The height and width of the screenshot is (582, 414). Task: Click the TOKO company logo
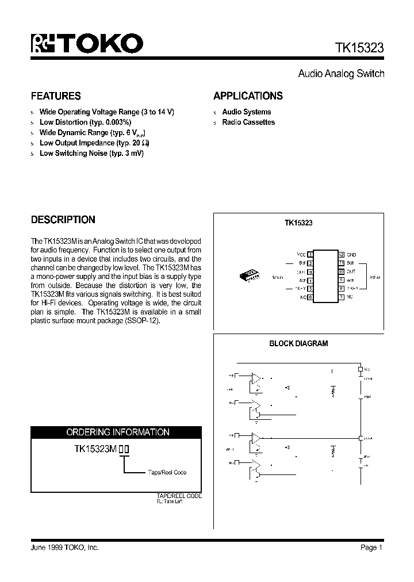(86, 44)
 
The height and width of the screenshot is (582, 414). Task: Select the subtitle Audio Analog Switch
(340, 74)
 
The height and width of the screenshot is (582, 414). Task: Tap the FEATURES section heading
(55, 96)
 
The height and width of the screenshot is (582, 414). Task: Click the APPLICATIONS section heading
(248, 96)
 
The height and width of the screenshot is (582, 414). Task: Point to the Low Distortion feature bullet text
(85, 122)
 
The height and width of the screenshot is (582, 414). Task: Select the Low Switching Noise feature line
(91, 154)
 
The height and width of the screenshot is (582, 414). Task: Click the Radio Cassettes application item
(248, 122)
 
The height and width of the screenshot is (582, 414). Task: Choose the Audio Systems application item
(246, 112)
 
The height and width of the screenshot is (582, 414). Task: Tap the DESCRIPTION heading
(63, 220)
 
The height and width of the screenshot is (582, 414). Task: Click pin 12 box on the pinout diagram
(341, 254)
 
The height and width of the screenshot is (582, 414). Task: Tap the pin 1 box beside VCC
(310, 254)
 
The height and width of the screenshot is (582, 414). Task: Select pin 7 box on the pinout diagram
(341, 297)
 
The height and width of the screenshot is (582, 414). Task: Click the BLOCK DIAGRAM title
(298, 343)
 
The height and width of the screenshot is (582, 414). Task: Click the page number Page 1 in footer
(371, 548)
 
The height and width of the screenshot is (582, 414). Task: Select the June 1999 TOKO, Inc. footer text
(64, 548)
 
